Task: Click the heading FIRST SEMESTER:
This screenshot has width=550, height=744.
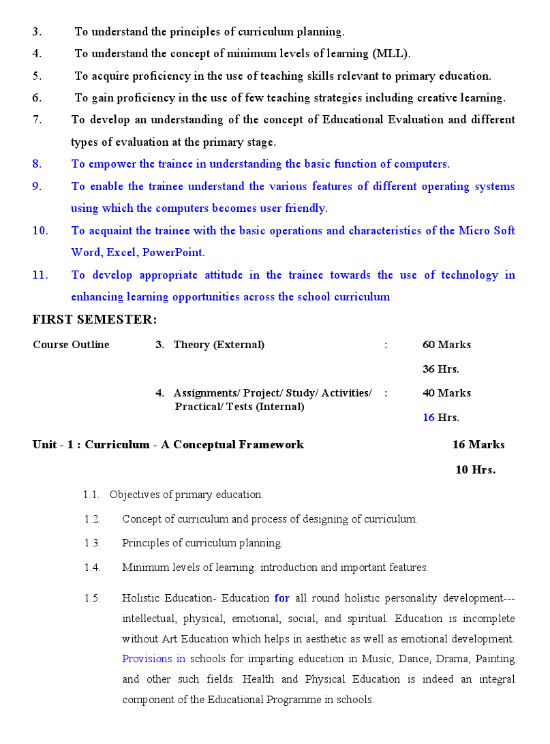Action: click(94, 320)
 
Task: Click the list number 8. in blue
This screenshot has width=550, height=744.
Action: click(37, 164)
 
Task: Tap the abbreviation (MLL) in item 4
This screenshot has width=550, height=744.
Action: click(391, 53)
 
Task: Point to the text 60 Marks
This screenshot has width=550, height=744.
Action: click(446, 345)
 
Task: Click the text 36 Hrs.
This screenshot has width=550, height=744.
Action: click(440, 369)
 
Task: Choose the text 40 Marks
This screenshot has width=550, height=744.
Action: click(446, 393)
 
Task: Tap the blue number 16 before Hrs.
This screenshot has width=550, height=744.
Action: click(428, 418)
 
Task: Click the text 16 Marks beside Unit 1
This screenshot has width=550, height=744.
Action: click(478, 445)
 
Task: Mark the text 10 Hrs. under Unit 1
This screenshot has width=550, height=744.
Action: click(475, 470)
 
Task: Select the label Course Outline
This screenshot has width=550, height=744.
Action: click(71, 345)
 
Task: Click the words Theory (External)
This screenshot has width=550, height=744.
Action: click(219, 345)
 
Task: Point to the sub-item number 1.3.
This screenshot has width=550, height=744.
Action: click(92, 544)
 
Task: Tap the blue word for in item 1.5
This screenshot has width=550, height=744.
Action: click(281, 599)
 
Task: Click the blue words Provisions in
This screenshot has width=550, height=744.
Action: click(153, 660)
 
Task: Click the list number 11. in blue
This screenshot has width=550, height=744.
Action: click(40, 275)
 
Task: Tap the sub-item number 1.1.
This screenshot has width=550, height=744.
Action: click(91, 495)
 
